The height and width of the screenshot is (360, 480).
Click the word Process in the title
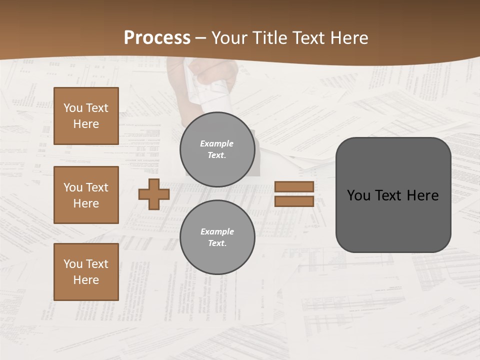(x=157, y=38)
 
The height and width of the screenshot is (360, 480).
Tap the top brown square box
(x=86, y=116)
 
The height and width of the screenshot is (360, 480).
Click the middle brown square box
(x=86, y=195)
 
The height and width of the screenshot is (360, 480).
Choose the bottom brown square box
(x=86, y=272)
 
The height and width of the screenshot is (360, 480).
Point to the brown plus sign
(x=154, y=194)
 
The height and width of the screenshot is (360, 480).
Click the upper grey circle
(x=217, y=149)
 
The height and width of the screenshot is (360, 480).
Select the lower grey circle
(x=217, y=237)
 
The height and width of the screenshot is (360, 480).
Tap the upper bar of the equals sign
(x=294, y=186)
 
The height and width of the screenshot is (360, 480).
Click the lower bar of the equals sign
(x=294, y=201)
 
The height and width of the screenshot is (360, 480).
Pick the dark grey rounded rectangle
(x=393, y=194)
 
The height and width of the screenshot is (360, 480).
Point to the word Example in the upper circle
(x=216, y=143)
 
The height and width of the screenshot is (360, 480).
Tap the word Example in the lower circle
(x=217, y=231)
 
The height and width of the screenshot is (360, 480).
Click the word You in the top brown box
(x=73, y=108)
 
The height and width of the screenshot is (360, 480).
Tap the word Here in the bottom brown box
(x=86, y=280)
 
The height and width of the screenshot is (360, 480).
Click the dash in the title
(x=200, y=38)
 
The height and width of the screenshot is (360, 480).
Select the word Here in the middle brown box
(x=86, y=203)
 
